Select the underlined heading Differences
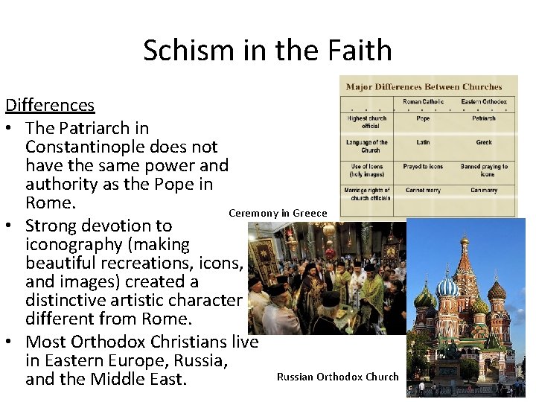[x=49, y=106]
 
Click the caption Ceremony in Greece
[x=278, y=214]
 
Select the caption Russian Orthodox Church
[x=337, y=377]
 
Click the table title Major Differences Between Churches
[x=424, y=87]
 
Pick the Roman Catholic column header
[x=423, y=102]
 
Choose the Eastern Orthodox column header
[x=483, y=102]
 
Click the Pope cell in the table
[x=423, y=118]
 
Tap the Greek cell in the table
[x=484, y=142]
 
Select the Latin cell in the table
[x=423, y=142]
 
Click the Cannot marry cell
[x=423, y=191]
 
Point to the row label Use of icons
[x=366, y=170]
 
